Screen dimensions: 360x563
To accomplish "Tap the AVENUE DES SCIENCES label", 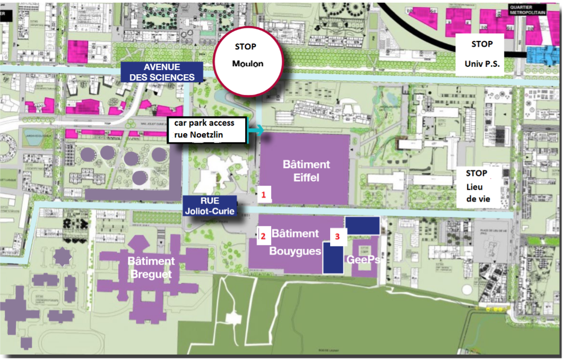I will click(162, 72).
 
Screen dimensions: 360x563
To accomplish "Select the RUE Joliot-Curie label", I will click(209, 206).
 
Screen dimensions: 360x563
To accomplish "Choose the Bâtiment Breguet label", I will click(151, 268).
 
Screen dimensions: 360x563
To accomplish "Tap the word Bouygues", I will click(295, 251).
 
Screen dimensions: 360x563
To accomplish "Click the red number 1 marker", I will click(263, 195).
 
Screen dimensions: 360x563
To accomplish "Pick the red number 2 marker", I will click(262, 235).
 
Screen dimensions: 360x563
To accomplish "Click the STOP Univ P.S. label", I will click(482, 54).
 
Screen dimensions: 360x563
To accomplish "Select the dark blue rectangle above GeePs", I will click(362, 225).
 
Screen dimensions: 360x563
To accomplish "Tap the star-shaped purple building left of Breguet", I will click(63, 257).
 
